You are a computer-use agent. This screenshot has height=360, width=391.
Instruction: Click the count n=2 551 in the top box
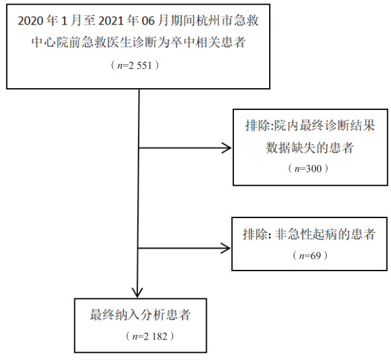point(135,66)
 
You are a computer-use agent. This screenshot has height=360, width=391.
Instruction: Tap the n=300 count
point(308,168)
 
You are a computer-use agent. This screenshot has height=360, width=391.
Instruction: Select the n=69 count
point(310,256)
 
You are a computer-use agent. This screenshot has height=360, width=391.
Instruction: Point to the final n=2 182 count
point(150,336)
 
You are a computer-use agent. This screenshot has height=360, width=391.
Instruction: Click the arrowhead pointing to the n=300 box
point(227,148)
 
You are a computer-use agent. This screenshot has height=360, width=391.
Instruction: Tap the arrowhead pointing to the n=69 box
point(225,248)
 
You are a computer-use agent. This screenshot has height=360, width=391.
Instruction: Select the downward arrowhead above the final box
point(137,292)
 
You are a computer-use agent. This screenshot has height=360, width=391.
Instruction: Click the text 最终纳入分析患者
point(140,315)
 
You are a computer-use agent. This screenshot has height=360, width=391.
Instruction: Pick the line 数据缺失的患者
point(309,148)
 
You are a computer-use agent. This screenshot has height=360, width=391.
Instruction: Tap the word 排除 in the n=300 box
point(258,125)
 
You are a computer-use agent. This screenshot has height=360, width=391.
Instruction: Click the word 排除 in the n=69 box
point(255,234)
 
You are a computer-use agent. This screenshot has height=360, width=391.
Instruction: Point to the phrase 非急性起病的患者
point(325,234)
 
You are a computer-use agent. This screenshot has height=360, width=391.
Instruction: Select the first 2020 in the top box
point(30,21)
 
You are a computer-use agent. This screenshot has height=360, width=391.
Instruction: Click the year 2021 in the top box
point(111,21)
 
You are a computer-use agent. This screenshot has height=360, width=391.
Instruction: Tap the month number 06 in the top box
point(148,21)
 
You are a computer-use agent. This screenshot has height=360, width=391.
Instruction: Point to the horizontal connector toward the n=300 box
point(185,148)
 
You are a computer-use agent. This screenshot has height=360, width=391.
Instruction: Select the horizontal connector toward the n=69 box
point(184,248)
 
